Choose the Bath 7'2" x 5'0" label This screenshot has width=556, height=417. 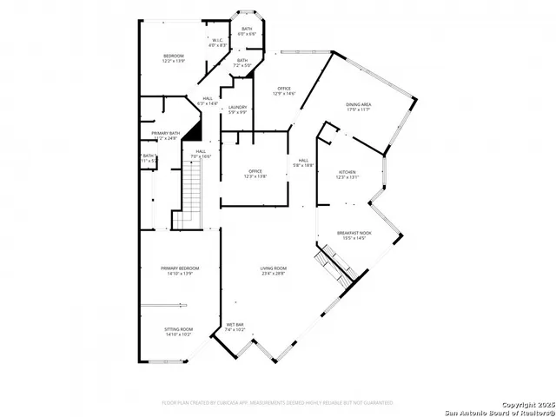(242, 63)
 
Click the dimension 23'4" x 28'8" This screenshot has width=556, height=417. (274, 275)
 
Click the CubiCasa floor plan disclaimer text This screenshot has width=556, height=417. (277, 403)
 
